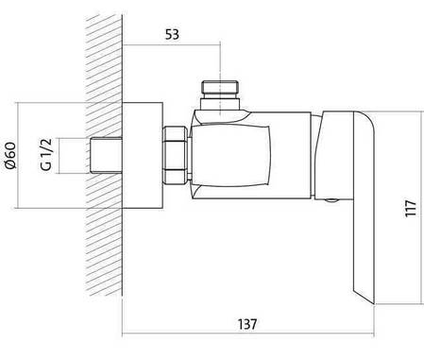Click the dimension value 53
[x=172, y=35]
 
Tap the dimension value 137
[x=247, y=324]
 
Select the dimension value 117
[x=411, y=208]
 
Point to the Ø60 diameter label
[x=10, y=156]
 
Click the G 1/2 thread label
[x=46, y=154]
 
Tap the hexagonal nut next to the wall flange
[x=175, y=155]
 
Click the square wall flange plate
[x=143, y=155]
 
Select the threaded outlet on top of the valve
[x=220, y=87]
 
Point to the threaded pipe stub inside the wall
[x=106, y=155]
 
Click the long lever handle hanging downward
[x=365, y=208]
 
